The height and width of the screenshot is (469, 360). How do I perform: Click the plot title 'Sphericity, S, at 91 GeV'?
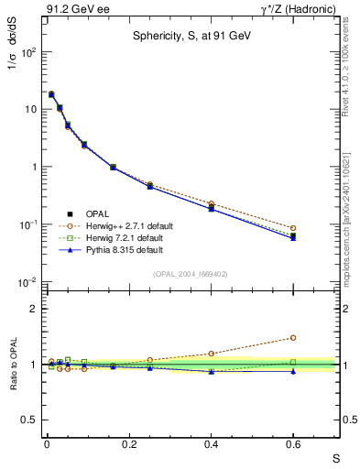[x=190, y=37]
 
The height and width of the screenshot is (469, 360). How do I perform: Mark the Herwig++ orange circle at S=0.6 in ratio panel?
[x=293, y=337]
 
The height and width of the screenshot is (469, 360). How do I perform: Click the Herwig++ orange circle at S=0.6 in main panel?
[x=293, y=228]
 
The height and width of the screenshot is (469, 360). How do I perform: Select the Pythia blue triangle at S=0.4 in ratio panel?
[x=211, y=372]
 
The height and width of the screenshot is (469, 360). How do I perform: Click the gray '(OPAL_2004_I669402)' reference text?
[x=190, y=273]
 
